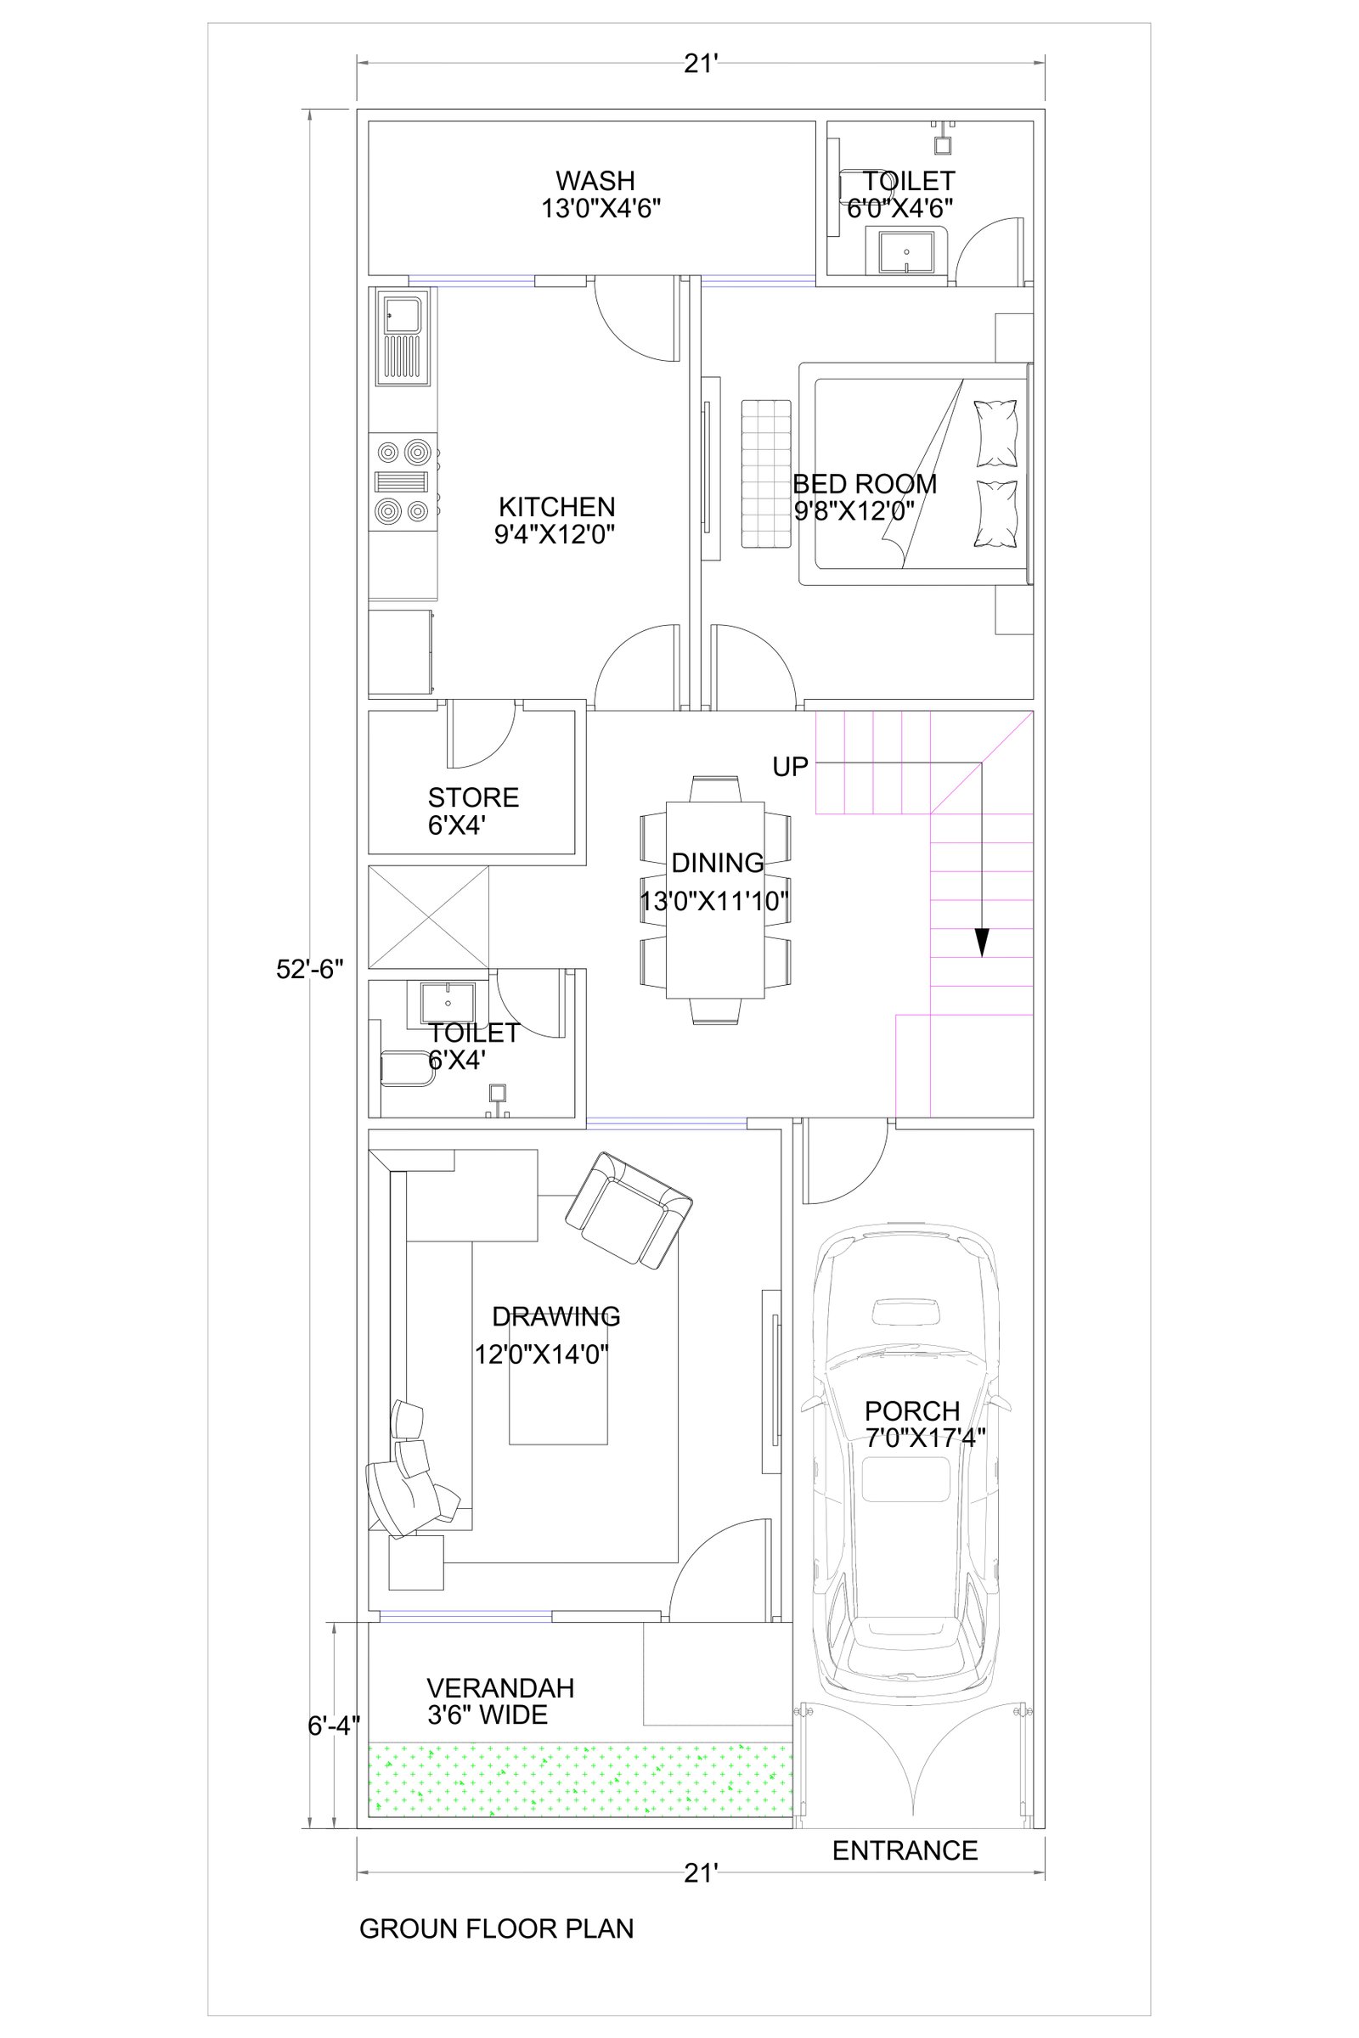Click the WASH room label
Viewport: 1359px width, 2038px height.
595,181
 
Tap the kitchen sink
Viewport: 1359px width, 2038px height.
402,339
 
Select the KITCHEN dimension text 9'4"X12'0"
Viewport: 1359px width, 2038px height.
555,535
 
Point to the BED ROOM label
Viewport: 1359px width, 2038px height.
865,483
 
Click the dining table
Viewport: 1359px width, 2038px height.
715,899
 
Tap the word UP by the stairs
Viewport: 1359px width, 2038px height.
791,767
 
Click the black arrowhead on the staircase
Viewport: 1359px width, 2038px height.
981,943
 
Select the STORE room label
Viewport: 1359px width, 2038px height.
473,797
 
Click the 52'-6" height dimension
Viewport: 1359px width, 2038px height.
310,969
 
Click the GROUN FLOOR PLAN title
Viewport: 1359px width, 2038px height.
497,1928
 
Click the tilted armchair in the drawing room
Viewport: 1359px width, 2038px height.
629,1212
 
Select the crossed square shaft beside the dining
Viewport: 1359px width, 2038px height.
429,917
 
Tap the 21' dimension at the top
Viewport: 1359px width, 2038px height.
700,63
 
